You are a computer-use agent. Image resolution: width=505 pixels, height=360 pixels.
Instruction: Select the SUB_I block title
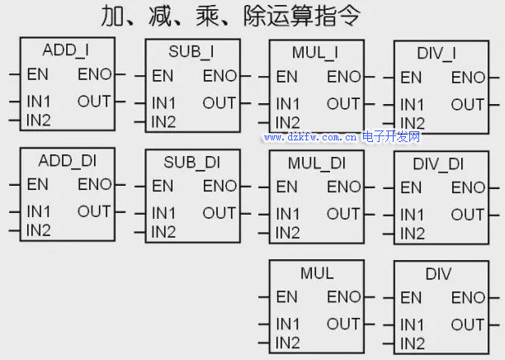point(191,52)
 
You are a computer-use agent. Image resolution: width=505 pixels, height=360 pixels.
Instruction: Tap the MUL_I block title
point(315,53)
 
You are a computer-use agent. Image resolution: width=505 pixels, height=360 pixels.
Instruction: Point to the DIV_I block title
point(438,54)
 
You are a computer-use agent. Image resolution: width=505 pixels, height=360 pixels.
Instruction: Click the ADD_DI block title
point(65,159)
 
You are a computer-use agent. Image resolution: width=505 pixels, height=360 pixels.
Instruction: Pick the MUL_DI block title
point(316,163)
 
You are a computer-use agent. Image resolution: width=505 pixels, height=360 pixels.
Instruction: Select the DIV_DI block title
point(438,164)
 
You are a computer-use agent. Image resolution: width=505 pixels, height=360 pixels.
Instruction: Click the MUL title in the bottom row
point(317,272)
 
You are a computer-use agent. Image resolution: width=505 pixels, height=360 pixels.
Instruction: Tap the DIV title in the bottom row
point(438,273)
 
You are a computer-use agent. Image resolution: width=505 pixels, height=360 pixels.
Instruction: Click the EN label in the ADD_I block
point(37,74)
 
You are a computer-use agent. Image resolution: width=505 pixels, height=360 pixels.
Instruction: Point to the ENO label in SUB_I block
point(219,76)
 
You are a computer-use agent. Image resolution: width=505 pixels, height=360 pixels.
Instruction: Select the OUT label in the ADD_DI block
point(94,211)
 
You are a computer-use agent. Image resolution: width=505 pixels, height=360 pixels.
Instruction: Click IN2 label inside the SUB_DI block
point(163,232)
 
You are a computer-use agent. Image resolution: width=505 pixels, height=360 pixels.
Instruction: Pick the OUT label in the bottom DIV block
point(468,324)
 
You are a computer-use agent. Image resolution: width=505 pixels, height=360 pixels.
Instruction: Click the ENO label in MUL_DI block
point(344,187)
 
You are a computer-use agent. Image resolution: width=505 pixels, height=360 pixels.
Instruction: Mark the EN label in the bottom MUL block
point(286,296)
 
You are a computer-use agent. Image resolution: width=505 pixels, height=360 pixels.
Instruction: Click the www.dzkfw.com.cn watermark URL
point(310,137)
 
